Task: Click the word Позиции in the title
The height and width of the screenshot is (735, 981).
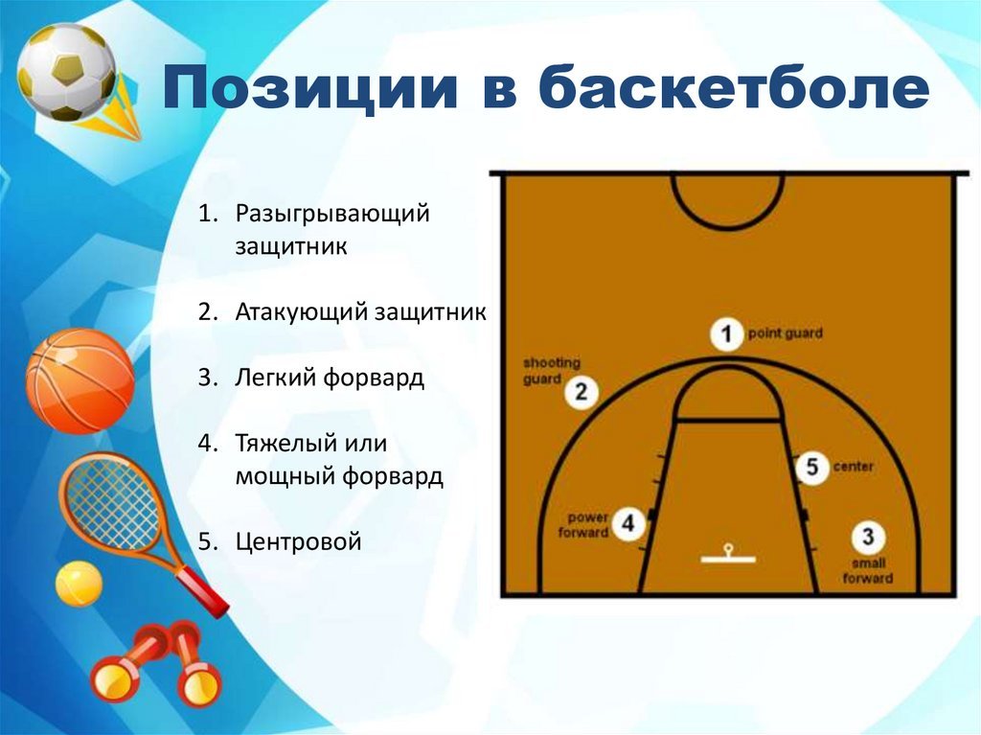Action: [x=310, y=87]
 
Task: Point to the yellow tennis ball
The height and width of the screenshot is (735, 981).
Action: [x=79, y=584]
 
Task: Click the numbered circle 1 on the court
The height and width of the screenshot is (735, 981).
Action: [x=726, y=333]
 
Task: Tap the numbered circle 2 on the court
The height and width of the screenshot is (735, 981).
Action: [x=582, y=393]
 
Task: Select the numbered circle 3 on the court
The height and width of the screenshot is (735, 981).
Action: [x=868, y=538]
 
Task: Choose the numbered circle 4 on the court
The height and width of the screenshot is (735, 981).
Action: [x=628, y=523]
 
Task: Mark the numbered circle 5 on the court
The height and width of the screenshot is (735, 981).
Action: [x=811, y=467]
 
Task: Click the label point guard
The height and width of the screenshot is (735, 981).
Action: [x=786, y=333]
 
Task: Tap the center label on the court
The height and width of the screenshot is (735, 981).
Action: [x=854, y=467]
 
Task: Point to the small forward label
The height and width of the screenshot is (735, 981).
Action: [x=868, y=570]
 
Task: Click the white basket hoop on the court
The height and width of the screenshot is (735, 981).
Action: [x=728, y=555]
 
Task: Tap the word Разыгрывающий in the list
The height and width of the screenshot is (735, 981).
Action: [x=332, y=215]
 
